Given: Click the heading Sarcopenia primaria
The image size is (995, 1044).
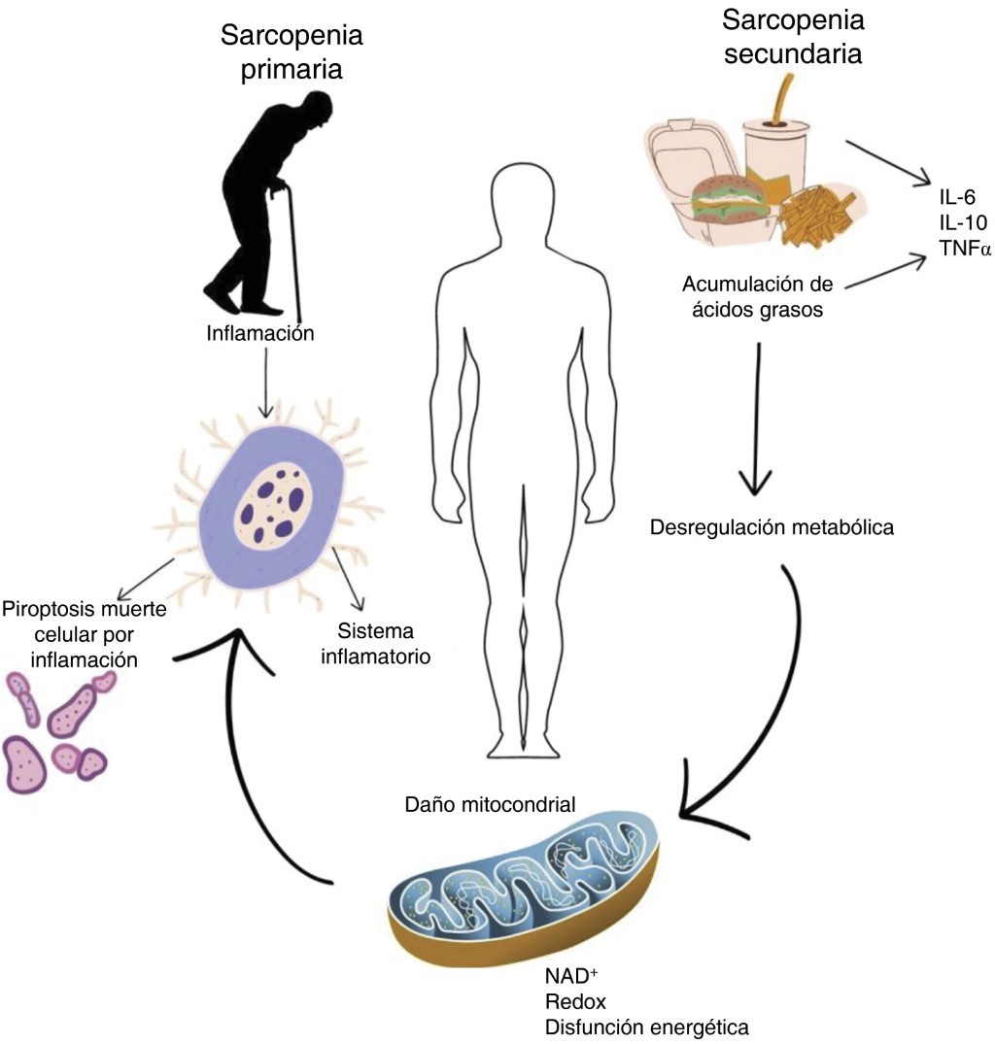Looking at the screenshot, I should click(x=292, y=53).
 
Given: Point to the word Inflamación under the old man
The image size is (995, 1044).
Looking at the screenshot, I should click(x=261, y=333).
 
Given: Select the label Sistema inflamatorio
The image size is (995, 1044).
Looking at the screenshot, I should click(x=379, y=644).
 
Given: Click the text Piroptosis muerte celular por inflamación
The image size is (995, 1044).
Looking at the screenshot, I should click(x=85, y=634).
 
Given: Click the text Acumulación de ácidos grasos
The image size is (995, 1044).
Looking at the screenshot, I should click(x=761, y=296).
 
